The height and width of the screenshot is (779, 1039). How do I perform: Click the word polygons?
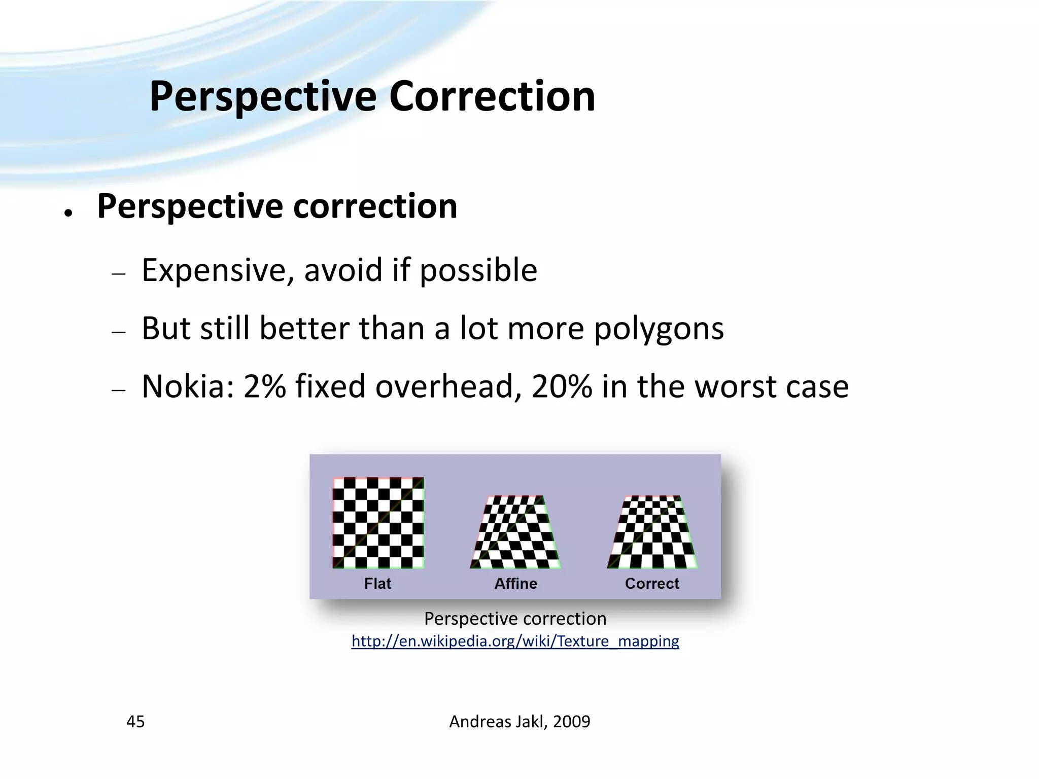(659, 329)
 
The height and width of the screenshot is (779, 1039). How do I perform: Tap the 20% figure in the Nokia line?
(562, 386)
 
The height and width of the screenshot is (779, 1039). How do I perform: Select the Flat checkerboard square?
(378, 522)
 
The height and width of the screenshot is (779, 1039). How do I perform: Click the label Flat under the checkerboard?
(377, 584)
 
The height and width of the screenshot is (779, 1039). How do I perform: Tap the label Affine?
(515, 584)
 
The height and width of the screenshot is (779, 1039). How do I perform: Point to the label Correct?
(652, 584)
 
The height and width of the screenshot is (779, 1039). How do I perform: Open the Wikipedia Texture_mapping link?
(515, 641)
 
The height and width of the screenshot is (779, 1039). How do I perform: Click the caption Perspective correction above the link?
(515, 619)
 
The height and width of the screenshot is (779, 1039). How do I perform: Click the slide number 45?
(135, 721)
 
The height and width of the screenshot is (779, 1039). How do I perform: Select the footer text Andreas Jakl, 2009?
(519, 721)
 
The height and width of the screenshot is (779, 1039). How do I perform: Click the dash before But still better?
(119, 332)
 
